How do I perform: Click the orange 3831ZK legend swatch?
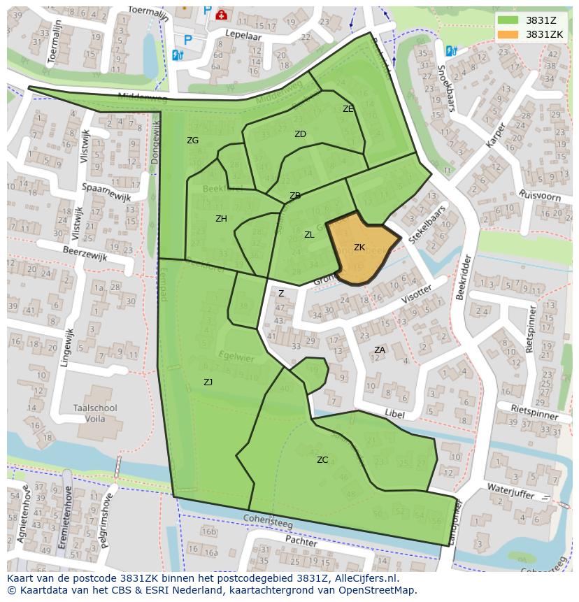tap(508, 34)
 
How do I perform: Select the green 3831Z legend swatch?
tap(508, 20)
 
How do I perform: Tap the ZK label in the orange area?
tap(359, 248)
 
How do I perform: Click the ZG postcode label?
tap(193, 141)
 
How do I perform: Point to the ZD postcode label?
tap(300, 134)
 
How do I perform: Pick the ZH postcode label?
tap(221, 219)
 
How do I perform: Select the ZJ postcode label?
tap(208, 382)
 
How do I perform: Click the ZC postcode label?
tap(322, 460)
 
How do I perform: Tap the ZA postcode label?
tap(380, 350)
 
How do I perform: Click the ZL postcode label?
tap(309, 235)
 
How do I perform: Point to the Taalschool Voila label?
tap(95, 413)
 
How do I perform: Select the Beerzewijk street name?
tap(85, 253)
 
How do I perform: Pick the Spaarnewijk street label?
tap(106, 192)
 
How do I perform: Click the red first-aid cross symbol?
tap(222, 14)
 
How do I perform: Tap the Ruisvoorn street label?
tap(540, 195)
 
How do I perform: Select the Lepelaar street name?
tap(242, 33)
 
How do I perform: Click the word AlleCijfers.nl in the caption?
tap(364, 578)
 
